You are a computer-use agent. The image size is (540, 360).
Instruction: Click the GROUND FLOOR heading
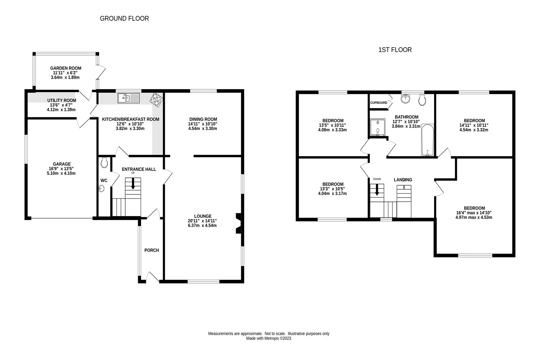(124, 18)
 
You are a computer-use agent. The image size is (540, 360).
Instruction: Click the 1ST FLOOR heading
(395, 50)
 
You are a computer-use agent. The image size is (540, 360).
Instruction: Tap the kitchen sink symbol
(129, 98)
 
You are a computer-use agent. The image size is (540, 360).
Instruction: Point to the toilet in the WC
(104, 163)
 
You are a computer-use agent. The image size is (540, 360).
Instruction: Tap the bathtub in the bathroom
(428, 140)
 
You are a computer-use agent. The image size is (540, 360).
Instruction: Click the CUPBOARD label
(379, 103)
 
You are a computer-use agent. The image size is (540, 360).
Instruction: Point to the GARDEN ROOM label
(66, 68)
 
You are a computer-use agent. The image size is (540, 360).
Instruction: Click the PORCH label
(152, 250)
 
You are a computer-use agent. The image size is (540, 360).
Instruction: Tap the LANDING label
(403, 180)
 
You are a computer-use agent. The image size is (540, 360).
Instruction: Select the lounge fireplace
(238, 224)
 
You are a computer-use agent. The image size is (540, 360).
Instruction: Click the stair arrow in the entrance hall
(133, 184)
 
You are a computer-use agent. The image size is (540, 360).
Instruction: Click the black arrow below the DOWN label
(377, 190)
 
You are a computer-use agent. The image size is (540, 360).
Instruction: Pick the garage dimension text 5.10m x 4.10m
(62, 173)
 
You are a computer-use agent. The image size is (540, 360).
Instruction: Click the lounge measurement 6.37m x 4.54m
(202, 226)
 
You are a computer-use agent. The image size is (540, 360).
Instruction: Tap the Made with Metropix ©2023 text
(269, 338)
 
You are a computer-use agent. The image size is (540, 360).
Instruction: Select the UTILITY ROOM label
(62, 100)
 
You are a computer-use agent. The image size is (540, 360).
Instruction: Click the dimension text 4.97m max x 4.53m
(474, 217)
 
